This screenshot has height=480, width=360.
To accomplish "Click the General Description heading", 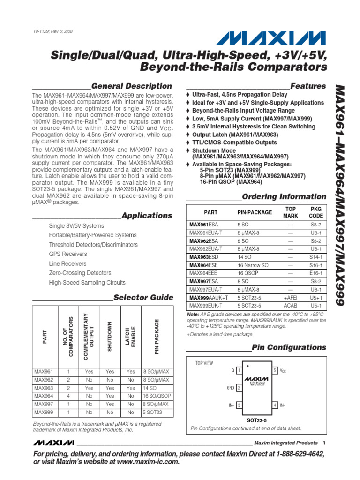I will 131,86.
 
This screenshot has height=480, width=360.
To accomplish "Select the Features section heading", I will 308,86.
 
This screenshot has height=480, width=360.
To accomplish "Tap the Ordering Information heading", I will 284,197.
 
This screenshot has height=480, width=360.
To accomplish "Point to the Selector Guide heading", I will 143,298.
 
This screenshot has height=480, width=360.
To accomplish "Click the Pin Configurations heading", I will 289,347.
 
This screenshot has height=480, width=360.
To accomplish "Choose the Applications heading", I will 147,216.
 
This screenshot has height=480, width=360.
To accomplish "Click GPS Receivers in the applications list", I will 68,254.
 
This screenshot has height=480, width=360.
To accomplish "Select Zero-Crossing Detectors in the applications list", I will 80,273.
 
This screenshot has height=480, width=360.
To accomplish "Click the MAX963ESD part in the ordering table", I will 203,257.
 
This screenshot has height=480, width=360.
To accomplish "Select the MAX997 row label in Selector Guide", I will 44,404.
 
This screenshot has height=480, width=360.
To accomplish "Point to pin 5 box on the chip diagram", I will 276,370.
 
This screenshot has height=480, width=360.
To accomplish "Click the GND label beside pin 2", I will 231,388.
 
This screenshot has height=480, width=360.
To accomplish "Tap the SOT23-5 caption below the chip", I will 256,420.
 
